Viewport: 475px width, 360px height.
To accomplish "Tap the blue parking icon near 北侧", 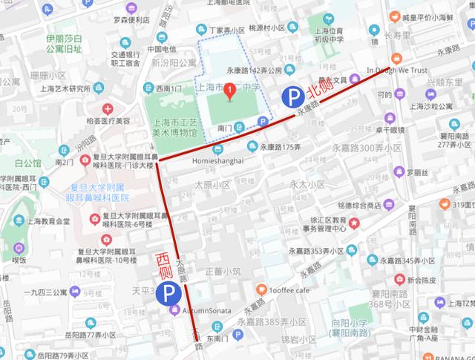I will tap(292, 96).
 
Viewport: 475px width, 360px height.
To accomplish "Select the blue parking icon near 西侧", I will tap(169, 294).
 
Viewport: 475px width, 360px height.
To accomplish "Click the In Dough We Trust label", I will tap(398, 71).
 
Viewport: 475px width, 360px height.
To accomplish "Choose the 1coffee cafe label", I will tap(290, 289).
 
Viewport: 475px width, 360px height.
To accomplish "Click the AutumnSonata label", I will tap(202, 310).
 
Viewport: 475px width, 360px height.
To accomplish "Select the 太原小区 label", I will tap(212, 185).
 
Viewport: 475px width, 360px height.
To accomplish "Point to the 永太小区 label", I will tap(308, 184).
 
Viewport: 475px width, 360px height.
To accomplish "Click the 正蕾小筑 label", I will tap(222, 271).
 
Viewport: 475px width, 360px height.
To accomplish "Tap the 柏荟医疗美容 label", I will tap(107, 120).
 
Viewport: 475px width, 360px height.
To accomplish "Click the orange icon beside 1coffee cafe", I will tap(261, 289).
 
